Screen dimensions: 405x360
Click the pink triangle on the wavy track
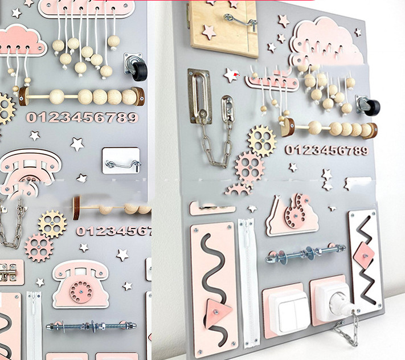click(x=218, y=312)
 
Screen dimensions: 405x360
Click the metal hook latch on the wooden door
click(x=240, y=22)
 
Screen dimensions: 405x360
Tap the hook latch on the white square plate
click(x=124, y=165)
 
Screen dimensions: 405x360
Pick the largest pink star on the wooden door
click(x=208, y=32)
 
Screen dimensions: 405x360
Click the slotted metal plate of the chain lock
click(x=199, y=96)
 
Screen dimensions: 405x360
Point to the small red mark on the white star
click(x=236, y=75)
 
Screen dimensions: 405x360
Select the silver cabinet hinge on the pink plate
click(x=9, y=272)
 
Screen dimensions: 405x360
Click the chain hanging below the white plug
click(x=347, y=329)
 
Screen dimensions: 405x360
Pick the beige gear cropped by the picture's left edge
click(x=6, y=108)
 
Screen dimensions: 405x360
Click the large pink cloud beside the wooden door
click(x=326, y=42)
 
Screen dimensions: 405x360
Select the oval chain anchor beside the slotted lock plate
click(x=228, y=110)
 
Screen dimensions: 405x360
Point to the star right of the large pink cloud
click(x=358, y=32)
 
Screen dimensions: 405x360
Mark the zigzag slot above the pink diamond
click(x=364, y=231)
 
